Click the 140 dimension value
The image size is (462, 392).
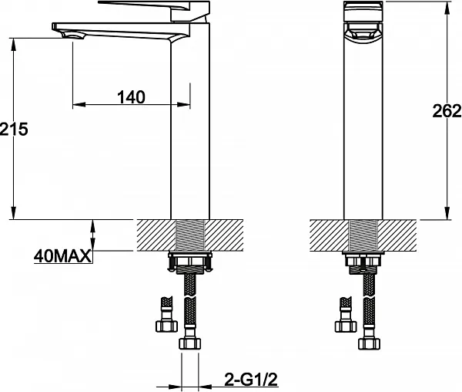(x=131, y=97)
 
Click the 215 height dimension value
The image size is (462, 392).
(x=14, y=129)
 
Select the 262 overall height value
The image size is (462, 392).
(x=447, y=111)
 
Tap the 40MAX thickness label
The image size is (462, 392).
(x=63, y=256)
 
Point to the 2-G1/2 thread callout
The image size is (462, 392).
(x=251, y=380)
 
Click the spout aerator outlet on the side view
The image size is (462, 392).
(x=73, y=36)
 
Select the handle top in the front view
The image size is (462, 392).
(x=363, y=12)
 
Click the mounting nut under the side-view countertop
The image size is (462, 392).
(x=189, y=262)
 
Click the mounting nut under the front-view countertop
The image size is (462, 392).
(x=363, y=262)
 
